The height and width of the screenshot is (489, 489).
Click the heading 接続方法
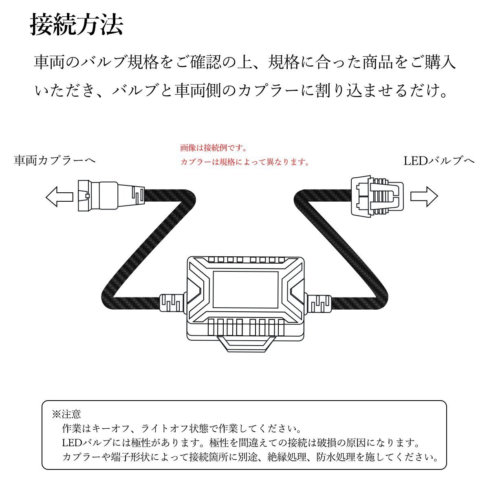coord(77,25)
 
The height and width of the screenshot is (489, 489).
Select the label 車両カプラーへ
coord(55,161)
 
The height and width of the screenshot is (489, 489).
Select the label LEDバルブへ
coord(439,161)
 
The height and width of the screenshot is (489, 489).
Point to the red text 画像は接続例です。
coord(214,148)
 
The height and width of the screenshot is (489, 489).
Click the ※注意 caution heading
coord(66,414)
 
